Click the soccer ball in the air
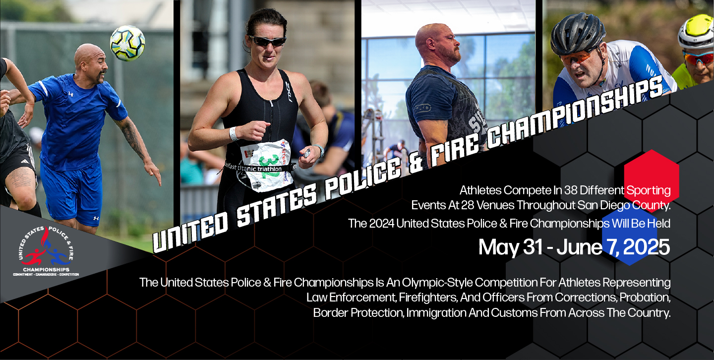(x=127, y=43)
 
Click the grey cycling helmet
(x=577, y=33)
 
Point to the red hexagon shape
(x=652, y=174)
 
